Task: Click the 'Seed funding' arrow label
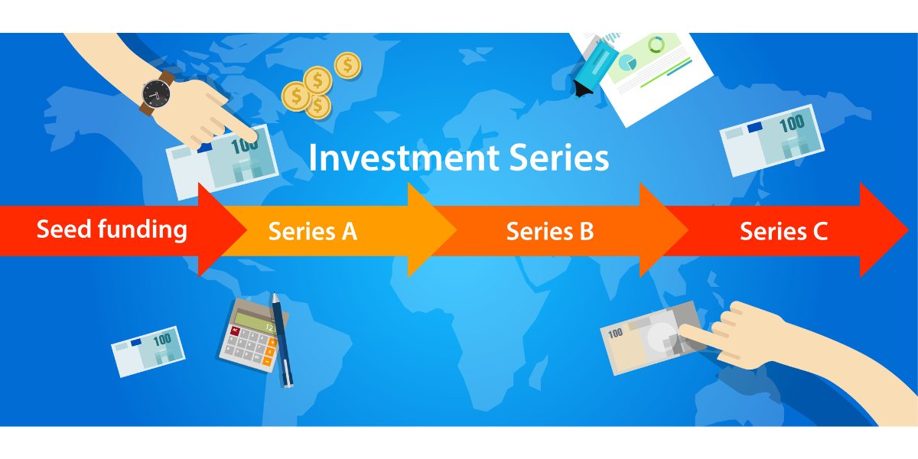click(x=112, y=230)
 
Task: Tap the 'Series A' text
click(x=313, y=232)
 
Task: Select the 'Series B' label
click(x=550, y=232)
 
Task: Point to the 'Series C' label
click(x=783, y=232)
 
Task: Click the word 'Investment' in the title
click(x=404, y=158)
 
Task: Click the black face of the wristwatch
click(x=156, y=94)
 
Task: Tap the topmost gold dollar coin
click(x=347, y=65)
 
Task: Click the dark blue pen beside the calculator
click(x=282, y=340)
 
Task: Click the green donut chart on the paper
click(x=656, y=45)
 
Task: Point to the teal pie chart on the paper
click(x=627, y=63)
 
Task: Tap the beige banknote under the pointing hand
click(x=653, y=337)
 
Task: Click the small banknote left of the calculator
click(x=148, y=352)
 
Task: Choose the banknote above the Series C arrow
click(x=772, y=141)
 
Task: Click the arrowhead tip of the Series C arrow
click(x=909, y=230)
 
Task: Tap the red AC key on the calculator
click(x=236, y=330)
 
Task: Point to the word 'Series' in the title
click(x=559, y=158)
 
